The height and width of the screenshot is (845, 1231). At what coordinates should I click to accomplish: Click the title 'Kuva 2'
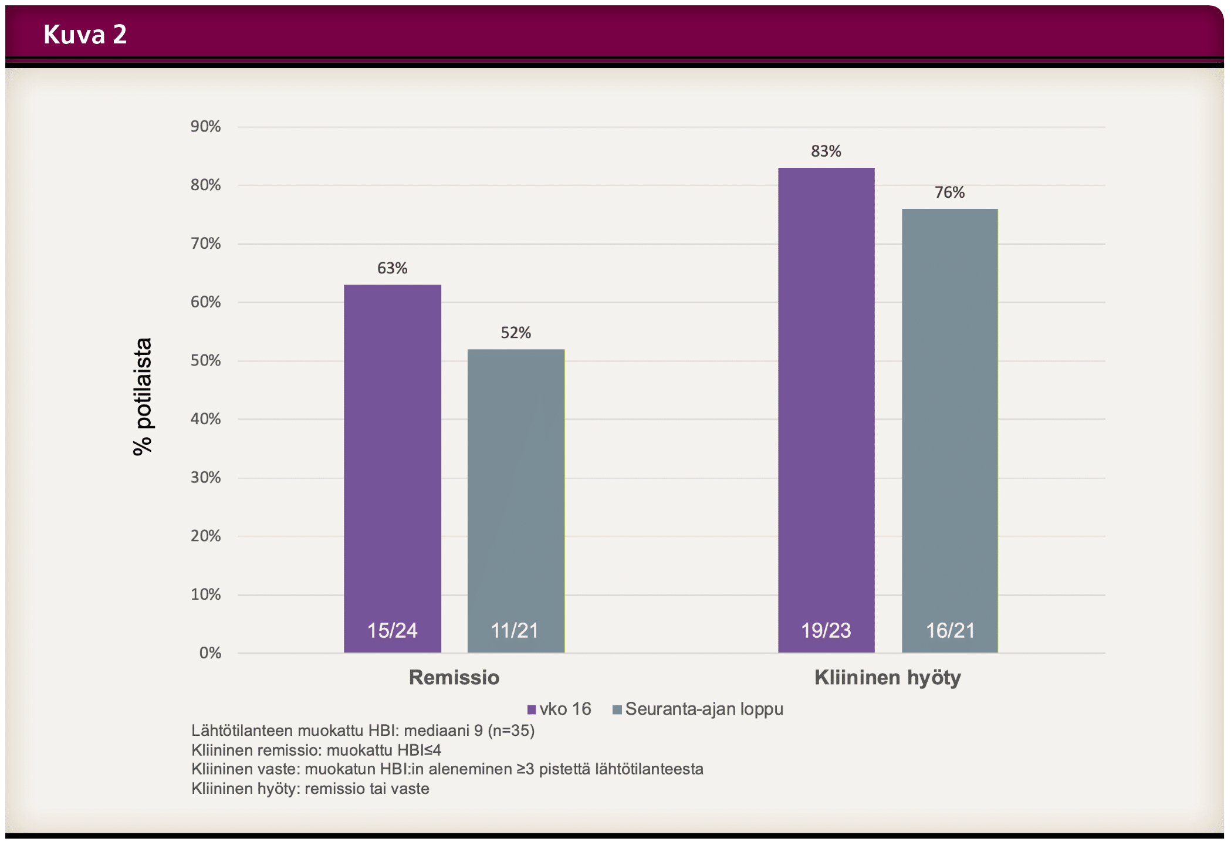tap(85, 34)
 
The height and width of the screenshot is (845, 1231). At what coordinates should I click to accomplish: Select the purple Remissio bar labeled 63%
tap(392, 458)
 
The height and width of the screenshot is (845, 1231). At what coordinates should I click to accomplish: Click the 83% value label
tap(826, 151)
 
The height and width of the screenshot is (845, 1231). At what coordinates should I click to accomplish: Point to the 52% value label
tap(516, 333)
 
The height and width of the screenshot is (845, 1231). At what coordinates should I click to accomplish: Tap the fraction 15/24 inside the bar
tap(392, 631)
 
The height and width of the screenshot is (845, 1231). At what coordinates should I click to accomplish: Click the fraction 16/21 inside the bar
tap(950, 631)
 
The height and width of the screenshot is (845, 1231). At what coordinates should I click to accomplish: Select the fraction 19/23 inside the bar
tap(826, 631)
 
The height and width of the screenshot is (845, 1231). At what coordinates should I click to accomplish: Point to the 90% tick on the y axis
tap(205, 127)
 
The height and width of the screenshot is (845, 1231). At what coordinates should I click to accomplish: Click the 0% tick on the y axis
tap(210, 653)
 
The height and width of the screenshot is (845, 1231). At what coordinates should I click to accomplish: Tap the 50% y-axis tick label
tap(205, 361)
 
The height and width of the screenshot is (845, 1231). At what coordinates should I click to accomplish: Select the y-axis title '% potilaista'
tap(143, 397)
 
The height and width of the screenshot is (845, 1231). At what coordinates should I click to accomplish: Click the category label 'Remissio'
tap(454, 678)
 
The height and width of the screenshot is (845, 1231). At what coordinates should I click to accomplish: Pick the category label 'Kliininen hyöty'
tap(887, 678)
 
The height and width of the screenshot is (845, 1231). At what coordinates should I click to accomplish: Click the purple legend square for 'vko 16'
tap(532, 710)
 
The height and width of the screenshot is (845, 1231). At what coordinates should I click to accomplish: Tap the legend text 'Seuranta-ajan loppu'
tap(704, 709)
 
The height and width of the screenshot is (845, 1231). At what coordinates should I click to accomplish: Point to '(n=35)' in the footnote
tap(511, 731)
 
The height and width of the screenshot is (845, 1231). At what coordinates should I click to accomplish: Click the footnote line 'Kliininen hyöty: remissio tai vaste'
tap(310, 789)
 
